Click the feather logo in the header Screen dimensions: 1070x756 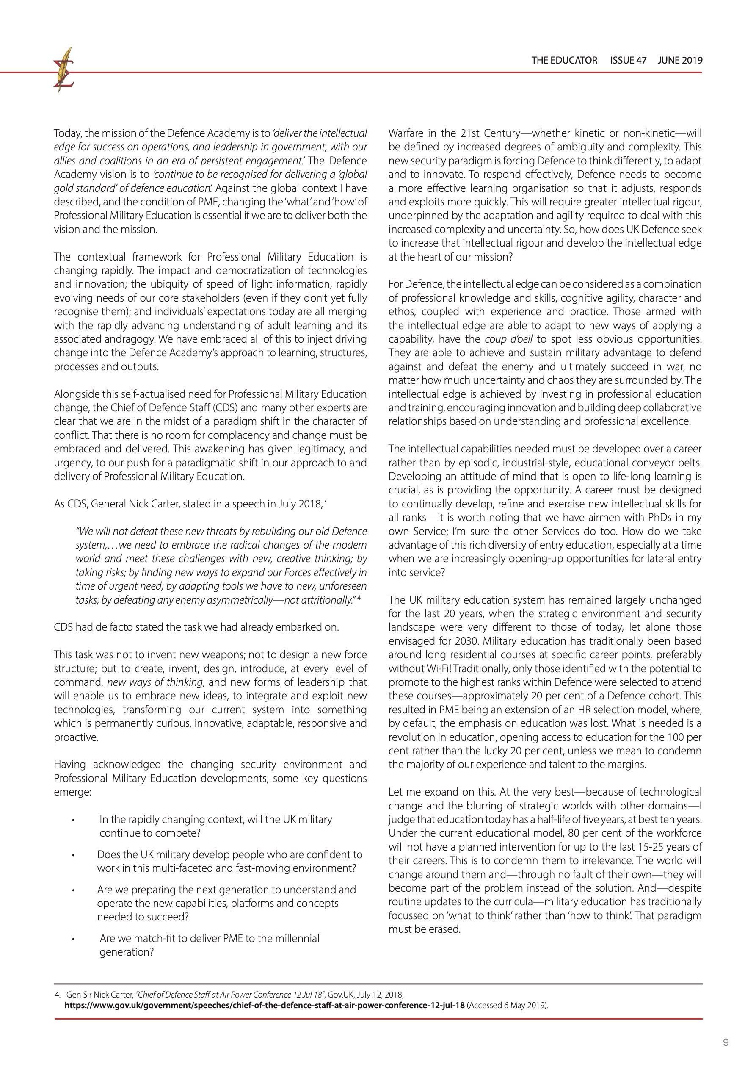(64, 70)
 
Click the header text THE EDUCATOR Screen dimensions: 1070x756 (564, 60)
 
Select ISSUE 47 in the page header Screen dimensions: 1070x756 (628, 60)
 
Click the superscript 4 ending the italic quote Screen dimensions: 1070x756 (359, 597)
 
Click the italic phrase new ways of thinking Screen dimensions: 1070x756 (155, 682)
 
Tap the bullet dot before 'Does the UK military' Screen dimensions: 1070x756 (73, 855)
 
